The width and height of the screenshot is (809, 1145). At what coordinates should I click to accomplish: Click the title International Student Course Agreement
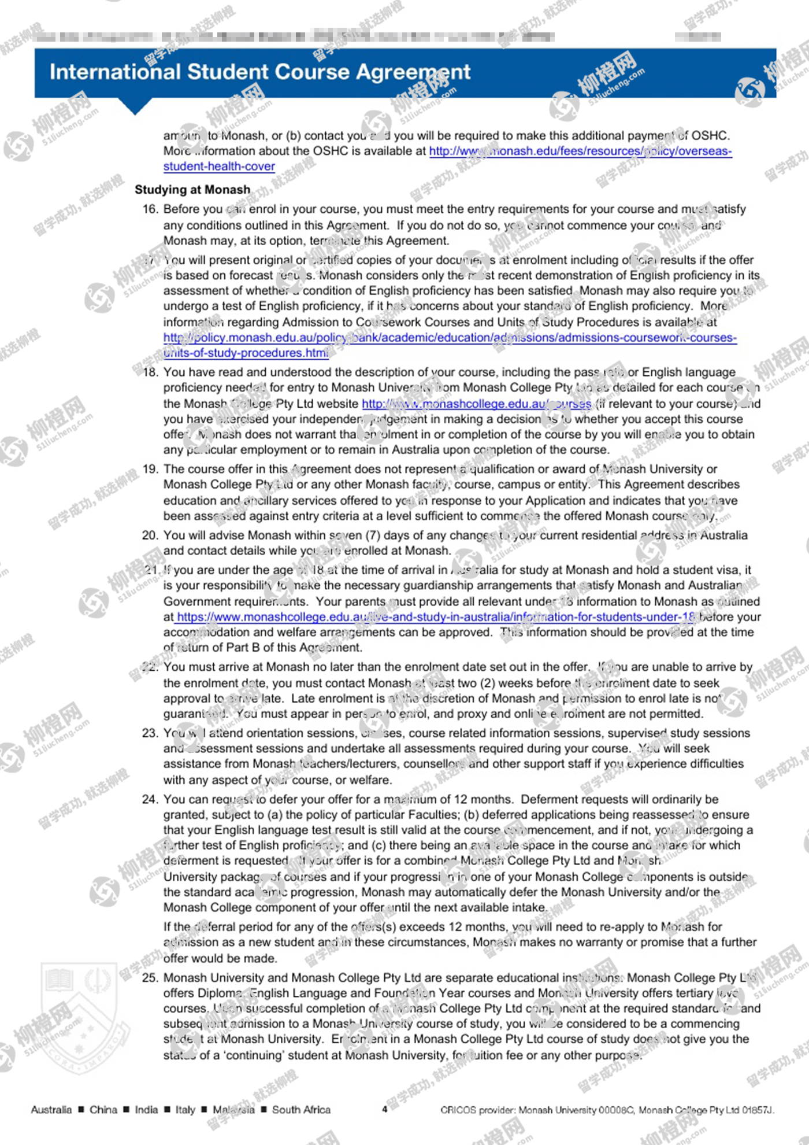(260, 72)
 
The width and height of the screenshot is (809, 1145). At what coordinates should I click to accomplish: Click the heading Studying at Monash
(192, 190)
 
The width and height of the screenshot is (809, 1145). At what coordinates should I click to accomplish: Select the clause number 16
(150, 209)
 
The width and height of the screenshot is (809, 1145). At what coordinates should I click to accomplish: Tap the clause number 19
(150, 469)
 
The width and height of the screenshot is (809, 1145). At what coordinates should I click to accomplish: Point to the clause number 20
(150, 535)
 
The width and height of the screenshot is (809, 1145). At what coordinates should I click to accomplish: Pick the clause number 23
(150, 733)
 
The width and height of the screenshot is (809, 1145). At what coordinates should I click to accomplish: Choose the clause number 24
(150, 799)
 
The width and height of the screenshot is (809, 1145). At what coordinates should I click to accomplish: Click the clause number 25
(150, 978)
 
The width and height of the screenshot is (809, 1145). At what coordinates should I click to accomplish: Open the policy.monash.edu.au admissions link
(450, 338)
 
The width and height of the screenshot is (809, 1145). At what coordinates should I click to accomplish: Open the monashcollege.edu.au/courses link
(476, 404)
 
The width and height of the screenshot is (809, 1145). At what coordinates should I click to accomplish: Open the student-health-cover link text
(219, 167)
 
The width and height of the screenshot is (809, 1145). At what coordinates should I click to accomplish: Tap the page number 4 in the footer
(384, 1109)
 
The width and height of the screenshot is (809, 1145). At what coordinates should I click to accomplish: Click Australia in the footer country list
(51, 1110)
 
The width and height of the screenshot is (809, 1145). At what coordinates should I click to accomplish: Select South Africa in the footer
(301, 1110)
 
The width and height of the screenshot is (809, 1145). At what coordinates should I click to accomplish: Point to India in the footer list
(146, 1110)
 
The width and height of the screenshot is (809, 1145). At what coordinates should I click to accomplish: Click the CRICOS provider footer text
(607, 1110)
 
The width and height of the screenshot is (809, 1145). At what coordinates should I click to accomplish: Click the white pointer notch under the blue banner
(135, 106)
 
